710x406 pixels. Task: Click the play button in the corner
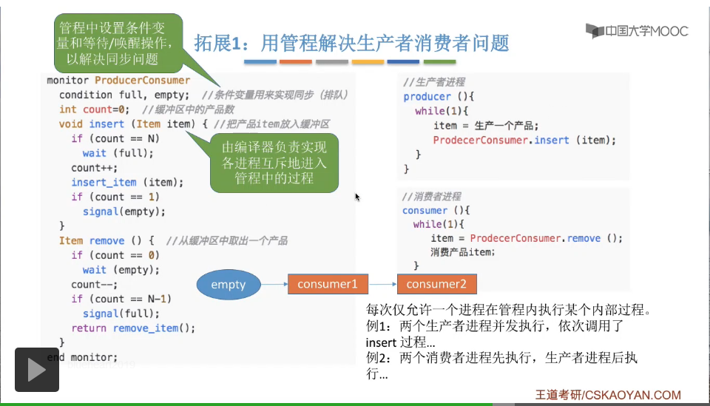[x=37, y=369]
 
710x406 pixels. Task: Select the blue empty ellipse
[x=228, y=284]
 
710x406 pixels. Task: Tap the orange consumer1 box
[x=327, y=284]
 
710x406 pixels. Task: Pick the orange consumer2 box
[x=436, y=284]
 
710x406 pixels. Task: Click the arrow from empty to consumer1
[x=273, y=284]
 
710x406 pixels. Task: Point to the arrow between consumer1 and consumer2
[x=382, y=284]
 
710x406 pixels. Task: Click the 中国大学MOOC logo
[x=637, y=31]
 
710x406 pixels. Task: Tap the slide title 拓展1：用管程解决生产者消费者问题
[x=351, y=43]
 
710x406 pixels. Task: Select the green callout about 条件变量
[x=118, y=43]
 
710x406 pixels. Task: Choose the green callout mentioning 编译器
[x=274, y=163]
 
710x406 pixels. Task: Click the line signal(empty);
[x=124, y=212]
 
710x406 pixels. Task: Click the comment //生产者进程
[x=434, y=82]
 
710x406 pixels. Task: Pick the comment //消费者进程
[x=431, y=196]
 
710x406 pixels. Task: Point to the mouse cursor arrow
[x=356, y=197]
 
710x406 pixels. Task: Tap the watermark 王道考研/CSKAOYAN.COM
[x=608, y=395]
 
